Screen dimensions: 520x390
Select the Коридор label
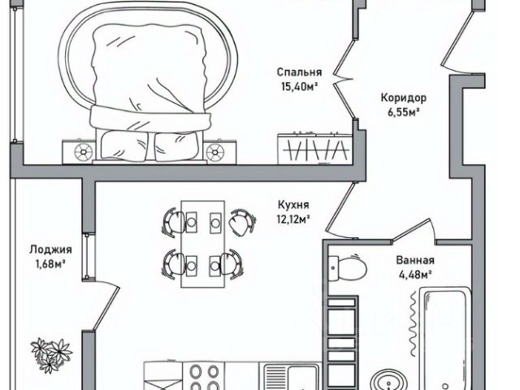pyautogui.click(x=403, y=98)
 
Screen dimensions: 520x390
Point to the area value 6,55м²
pyautogui.click(x=403, y=112)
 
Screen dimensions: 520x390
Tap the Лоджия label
pyautogui.click(x=49, y=249)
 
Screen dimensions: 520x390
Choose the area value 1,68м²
pyautogui.click(x=49, y=263)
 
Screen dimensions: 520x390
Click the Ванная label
pyautogui.click(x=415, y=261)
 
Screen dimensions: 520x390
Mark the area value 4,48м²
pyautogui.click(x=415, y=275)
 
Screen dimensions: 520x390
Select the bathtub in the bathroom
pyautogui.click(x=438, y=334)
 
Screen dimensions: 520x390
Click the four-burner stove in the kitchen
pyautogui.click(x=202, y=377)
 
